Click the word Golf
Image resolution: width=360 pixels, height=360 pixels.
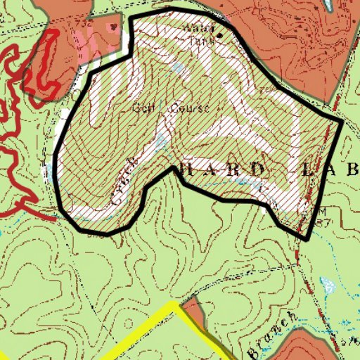tap(143, 108)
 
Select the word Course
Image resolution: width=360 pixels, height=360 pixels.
tap(190, 109)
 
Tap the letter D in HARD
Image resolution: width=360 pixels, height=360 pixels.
tap(258, 169)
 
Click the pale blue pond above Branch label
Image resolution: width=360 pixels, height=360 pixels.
tap(327, 285)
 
